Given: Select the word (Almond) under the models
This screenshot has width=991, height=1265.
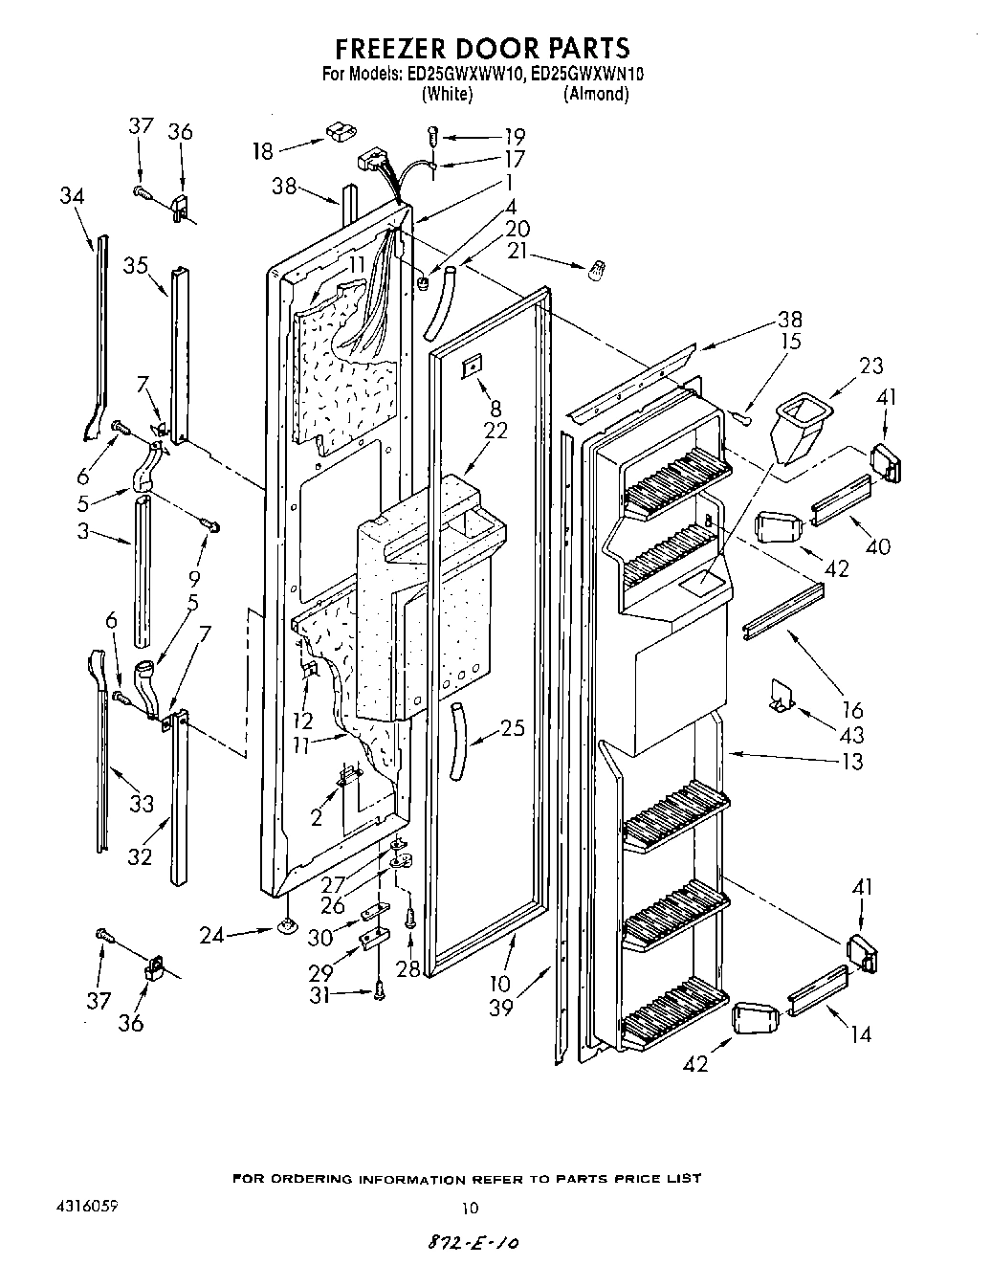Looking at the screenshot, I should [596, 94].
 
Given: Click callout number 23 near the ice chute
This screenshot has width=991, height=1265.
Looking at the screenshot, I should [871, 365].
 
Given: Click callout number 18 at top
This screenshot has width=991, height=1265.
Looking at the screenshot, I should [263, 150].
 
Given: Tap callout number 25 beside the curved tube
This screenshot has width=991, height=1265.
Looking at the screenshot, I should [513, 729].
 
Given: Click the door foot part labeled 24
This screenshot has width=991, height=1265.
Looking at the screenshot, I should [285, 926].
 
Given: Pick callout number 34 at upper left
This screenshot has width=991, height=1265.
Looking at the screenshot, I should [72, 196].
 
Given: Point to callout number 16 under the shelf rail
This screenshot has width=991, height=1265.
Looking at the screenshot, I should [852, 709].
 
